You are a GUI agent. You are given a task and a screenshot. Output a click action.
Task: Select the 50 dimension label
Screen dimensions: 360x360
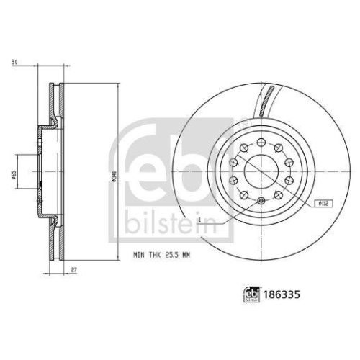[14, 63]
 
